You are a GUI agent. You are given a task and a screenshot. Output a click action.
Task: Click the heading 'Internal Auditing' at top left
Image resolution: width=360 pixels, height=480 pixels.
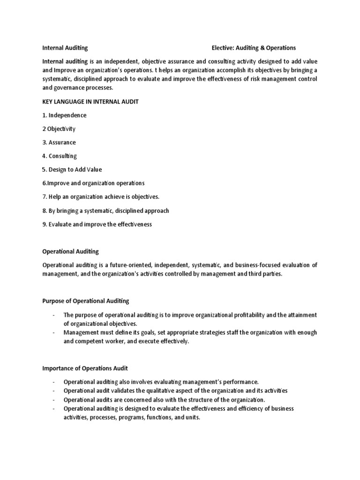[x=65, y=48]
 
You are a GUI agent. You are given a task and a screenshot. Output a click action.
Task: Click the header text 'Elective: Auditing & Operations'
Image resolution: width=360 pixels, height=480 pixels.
[x=254, y=48]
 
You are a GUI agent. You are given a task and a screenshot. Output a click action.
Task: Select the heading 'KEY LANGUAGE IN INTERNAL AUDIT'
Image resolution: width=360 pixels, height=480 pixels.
[x=90, y=102]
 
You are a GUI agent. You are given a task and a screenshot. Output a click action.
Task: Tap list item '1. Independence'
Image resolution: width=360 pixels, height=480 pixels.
[x=65, y=115]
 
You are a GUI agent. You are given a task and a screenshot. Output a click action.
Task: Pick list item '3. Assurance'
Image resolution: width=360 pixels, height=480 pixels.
[x=59, y=142]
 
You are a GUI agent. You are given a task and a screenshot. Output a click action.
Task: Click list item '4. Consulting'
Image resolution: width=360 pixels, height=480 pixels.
[x=60, y=156]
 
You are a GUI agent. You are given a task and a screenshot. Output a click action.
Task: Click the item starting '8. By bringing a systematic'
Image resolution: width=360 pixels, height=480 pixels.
[x=106, y=210]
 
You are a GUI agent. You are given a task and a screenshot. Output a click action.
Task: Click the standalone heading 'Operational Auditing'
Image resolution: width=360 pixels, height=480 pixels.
[x=71, y=252]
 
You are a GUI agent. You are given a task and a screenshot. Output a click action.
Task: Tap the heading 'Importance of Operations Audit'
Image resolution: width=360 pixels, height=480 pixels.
[x=85, y=368]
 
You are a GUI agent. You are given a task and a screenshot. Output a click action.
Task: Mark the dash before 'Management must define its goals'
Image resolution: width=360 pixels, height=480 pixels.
[x=54, y=332]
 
